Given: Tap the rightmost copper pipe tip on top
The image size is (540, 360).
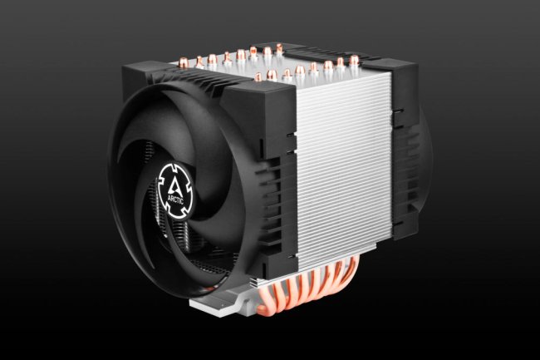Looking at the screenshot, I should coord(354,60).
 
